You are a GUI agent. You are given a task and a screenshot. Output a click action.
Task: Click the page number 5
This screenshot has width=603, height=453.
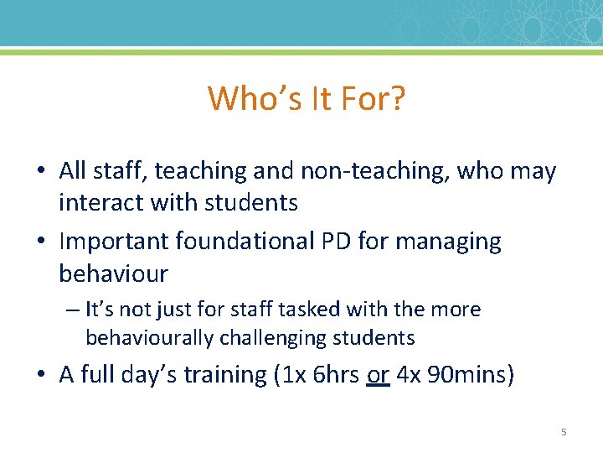point(564,432)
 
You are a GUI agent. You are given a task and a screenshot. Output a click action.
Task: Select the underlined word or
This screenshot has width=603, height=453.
point(379,374)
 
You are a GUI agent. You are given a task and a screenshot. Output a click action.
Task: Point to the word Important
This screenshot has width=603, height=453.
point(115,242)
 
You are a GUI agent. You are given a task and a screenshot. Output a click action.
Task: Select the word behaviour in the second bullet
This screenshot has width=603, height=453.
point(113,273)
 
